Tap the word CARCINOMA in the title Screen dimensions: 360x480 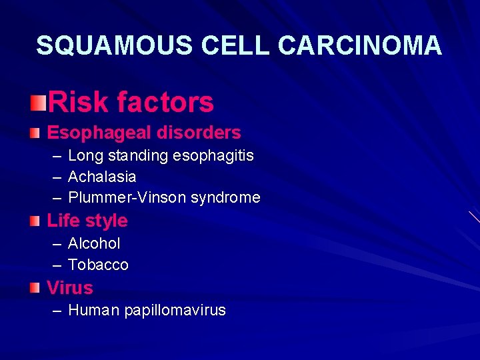360,45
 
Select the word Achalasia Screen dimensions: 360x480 102,177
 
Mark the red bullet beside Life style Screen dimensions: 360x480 35,220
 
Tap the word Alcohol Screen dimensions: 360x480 94,244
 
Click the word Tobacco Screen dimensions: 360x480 98,265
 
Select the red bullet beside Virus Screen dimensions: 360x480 35,288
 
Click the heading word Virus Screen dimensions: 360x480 70,288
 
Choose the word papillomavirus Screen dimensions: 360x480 175,310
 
